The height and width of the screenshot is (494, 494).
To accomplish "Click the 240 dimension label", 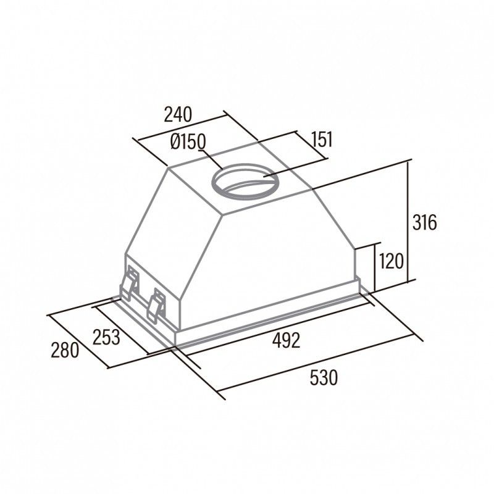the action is point(178,115).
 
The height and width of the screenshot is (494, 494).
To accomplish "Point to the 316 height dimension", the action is point(424,222).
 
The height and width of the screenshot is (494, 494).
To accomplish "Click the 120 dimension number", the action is point(391,261).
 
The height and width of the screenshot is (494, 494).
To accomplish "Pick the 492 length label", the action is point(286,340).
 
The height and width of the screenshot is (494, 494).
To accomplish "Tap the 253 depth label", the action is point(106,337).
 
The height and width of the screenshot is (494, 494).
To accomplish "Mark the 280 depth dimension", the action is point(65,350).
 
